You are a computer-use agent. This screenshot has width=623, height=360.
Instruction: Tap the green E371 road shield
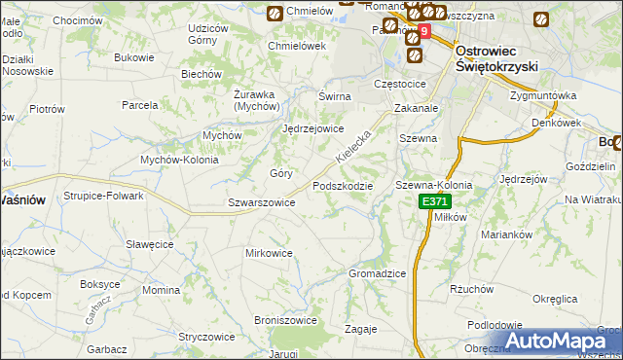(435, 201)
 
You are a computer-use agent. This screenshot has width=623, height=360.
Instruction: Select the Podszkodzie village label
(342, 186)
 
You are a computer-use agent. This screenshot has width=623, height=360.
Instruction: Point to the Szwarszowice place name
(261, 202)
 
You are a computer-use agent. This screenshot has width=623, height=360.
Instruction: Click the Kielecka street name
(353, 146)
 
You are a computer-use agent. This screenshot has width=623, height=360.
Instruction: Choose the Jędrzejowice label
(312, 128)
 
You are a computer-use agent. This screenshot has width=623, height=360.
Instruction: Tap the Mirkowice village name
(269, 253)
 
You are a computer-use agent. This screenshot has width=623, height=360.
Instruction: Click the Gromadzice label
(377, 273)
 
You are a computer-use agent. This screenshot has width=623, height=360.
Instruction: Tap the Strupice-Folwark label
(105, 196)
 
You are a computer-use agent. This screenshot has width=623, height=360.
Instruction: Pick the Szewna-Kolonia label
(433, 185)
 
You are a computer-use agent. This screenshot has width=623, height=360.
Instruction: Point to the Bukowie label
(134, 57)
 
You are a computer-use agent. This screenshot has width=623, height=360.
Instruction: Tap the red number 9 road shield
(422, 32)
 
